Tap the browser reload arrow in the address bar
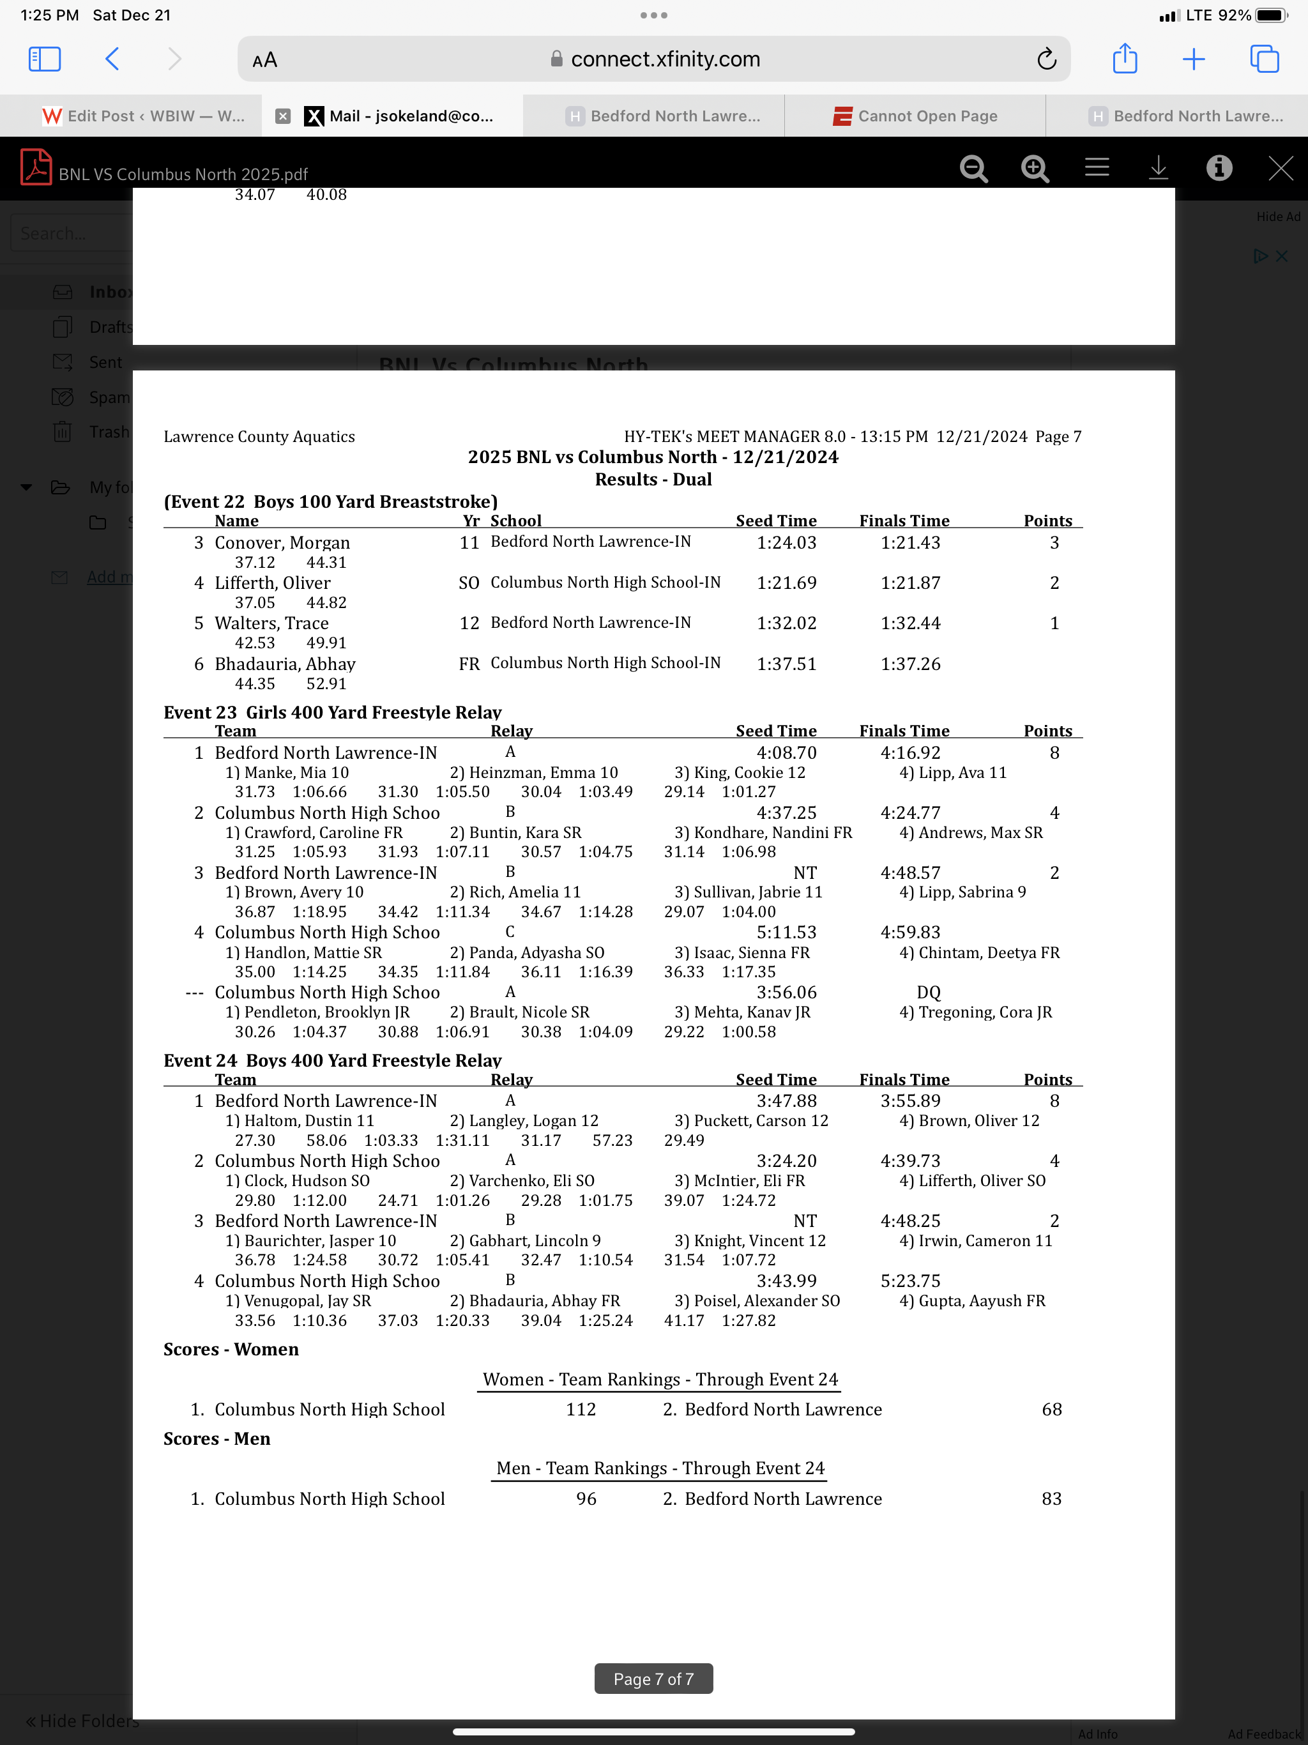pyautogui.click(x=1046, y=59)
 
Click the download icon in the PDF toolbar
pyautogui.click(x=1157, y=168)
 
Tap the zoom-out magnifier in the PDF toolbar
pyautogui.click(x=973, y=168)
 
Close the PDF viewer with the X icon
pyautogui.click(x=1280, y=168)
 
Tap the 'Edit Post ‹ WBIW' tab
pyautogui.click(x=144, y=116)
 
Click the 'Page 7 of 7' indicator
pyautogui.click(x=653, y=1679)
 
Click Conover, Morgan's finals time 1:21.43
pyautogui.click(x=910, y=543)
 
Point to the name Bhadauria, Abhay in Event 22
pyautogui.click(x=285, y=664)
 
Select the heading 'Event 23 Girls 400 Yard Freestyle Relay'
pyautogui.click(x=332, y=712)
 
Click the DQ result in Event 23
pyautogui.click(x=929, y=993)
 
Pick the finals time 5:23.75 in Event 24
pyautogui.click(x=910, y=1281)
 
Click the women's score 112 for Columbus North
pyautogui.click(x=581, y=1410)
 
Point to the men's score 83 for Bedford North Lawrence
pyautogui.click(x=1051, y=1499)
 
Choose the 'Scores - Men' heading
pyautogui.click(x=217, y=1439)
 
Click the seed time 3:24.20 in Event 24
pyautogui.click(x=787, y=1161)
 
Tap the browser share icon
pyautogui.click(x=1124, y=59)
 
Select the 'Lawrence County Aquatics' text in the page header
pyautogui.click(x=259, y=437)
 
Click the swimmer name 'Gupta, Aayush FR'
pyautogui.click(x=982, y=1301)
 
